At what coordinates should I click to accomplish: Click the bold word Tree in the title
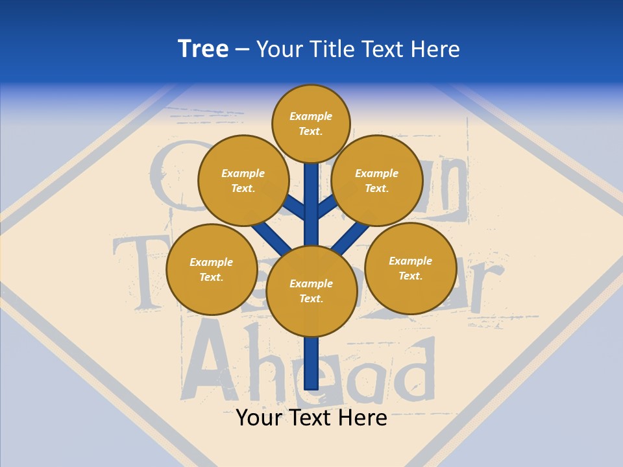203,49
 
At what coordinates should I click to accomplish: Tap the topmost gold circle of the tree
311,123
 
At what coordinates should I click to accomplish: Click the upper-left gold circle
243,180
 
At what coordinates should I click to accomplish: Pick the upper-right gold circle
377,180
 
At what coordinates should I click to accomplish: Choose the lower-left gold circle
212,269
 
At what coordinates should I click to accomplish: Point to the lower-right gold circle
410,268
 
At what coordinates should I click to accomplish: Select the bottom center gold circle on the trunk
311,291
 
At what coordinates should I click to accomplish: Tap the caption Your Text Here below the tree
311,418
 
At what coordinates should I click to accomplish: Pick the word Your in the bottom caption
260,418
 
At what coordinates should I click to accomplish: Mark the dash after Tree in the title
242,50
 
